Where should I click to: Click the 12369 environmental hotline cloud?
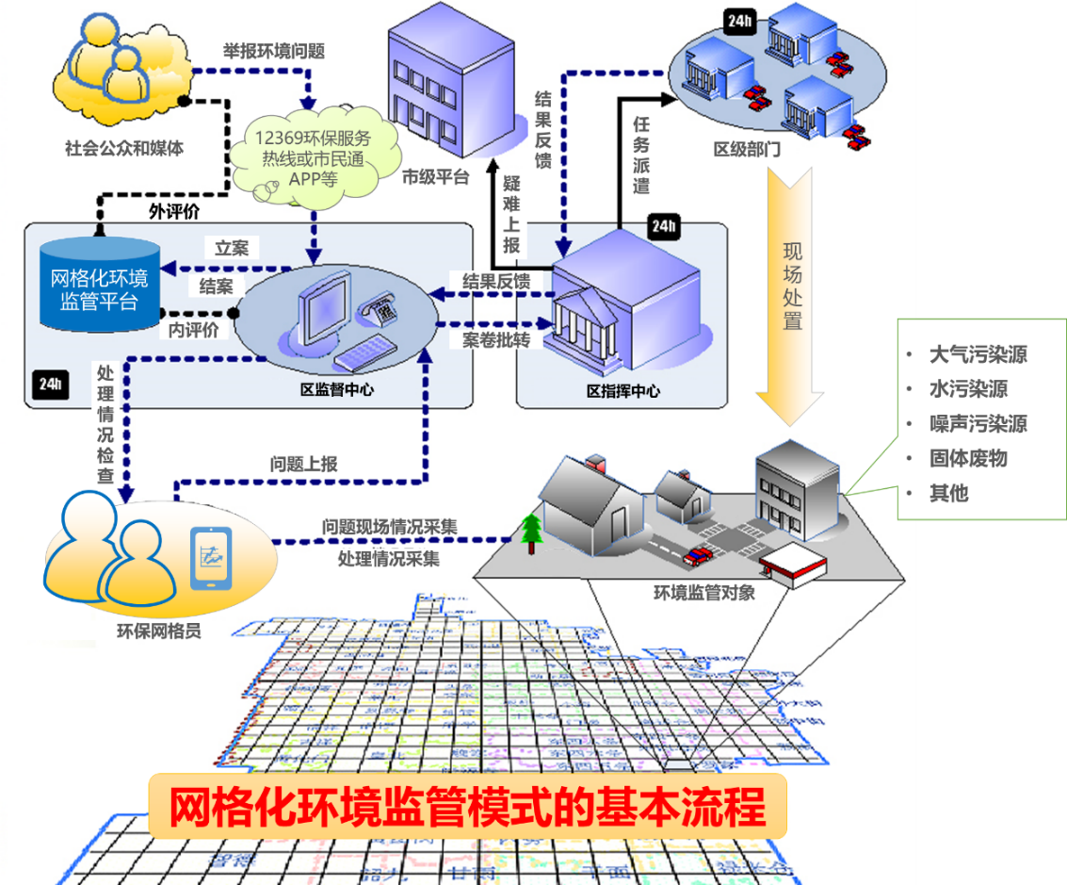[312, 153]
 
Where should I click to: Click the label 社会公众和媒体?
[123, 147]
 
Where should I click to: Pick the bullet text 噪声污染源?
[977, 423]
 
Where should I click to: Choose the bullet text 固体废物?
[967, 458]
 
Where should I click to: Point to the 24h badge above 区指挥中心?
[663, 225]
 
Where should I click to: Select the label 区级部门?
[747, 151]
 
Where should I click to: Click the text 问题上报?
[303, 464]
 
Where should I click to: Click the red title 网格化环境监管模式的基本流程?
[466, 807]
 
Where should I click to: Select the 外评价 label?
[174, 211]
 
